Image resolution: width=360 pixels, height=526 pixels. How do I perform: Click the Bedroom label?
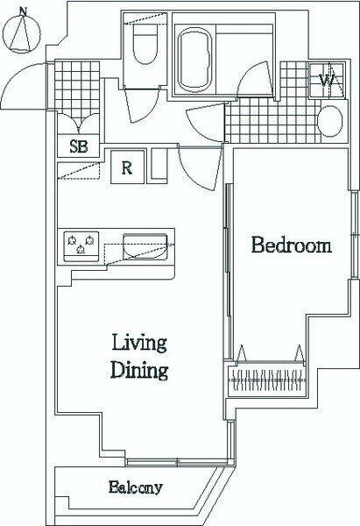pos(292,245)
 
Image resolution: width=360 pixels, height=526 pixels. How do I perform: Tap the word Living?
pos(139,343)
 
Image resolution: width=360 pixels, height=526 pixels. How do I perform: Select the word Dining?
pos(139,370)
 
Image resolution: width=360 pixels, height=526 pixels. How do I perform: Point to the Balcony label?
pos(136,487)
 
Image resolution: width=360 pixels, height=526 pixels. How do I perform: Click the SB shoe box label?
pos(79,146)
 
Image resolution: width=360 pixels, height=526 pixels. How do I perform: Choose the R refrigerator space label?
pos(127,167)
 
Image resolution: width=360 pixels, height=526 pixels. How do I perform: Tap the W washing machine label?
pos(326,80)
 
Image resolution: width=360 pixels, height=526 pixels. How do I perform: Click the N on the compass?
pos(23,12)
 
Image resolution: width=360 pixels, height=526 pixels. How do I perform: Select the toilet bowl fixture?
pos(145,44)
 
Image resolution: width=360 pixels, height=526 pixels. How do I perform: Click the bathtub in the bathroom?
pos(194,60)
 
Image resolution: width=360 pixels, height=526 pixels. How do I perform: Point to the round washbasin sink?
pos(330,121)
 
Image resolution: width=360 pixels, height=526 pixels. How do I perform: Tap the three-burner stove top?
pos(81,246)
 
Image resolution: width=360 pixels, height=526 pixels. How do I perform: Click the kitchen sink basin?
pos(145,246)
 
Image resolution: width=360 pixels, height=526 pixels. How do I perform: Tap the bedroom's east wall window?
pos(354,235)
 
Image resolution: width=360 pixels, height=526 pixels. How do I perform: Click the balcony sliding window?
pos(177,463)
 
